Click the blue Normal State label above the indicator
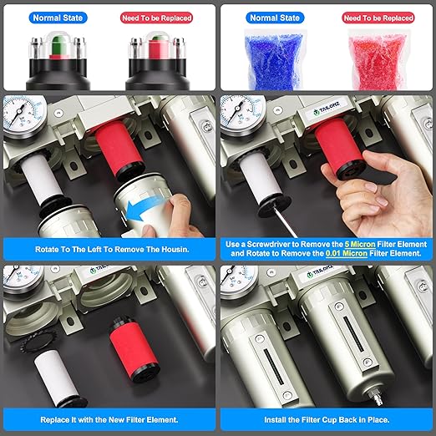58,18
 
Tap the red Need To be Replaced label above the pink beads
378,18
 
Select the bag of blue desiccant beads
273,60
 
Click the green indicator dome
58,44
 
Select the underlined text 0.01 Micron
347,253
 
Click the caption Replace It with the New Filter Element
109,420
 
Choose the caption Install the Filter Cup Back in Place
327,420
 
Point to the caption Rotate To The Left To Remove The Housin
112,249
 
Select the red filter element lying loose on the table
134,350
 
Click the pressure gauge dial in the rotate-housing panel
24,115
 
